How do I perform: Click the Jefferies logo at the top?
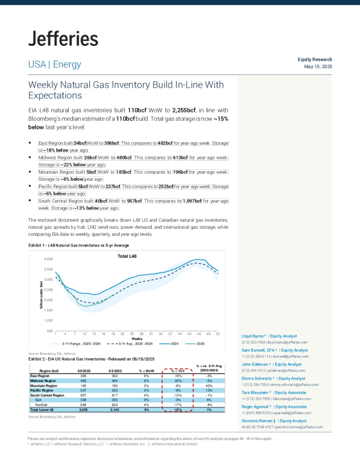[63, 39]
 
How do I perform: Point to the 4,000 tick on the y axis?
[49, 259]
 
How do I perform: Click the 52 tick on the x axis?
[218, 334]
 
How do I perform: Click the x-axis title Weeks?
[136, 338]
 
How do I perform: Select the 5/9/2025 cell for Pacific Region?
[83, 390]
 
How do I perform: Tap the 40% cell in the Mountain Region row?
[209, 385]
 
